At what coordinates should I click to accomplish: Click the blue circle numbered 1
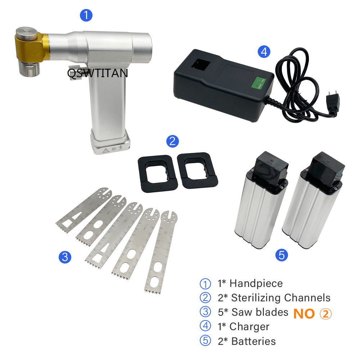click(86, 15)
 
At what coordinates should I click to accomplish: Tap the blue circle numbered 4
click(264, 51)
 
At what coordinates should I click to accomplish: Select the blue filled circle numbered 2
click(172, 141)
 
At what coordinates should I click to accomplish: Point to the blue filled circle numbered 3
click(65, 257)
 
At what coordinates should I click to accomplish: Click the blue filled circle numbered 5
click(282, 255)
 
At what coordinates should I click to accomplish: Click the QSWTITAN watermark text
click(98, 73)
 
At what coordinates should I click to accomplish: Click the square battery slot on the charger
click(201, 64)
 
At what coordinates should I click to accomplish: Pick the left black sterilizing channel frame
click(158, 174)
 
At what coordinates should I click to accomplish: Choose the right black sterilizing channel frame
click(197, 170)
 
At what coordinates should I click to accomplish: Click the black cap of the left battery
click(270, 167)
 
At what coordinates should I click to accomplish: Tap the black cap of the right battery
click(325, 169)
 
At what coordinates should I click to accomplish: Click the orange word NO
click(304, 314)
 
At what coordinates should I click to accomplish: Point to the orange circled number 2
click(326, 314)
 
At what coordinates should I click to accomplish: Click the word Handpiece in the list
click(256, 284)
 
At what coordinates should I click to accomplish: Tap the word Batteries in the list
click(253, 341)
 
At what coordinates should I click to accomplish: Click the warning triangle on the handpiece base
click(105, 150)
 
